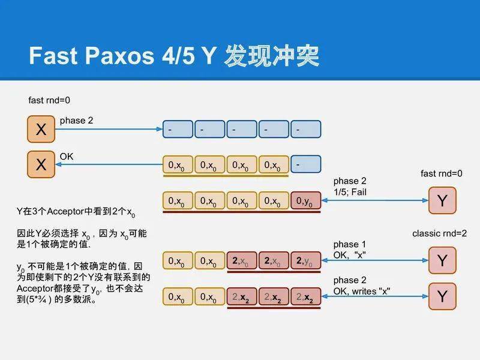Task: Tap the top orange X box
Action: point(41,130)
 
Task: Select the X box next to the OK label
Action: point(41,164)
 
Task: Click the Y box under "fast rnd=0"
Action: point(442,200)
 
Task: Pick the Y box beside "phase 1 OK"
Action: point(442,260)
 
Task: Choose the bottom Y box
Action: point(442,296)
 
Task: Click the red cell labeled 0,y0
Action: point(305,201)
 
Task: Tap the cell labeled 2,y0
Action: point(305,260)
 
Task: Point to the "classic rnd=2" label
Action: point(439,233)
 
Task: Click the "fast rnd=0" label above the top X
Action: point(53,101)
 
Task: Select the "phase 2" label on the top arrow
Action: point(76,121)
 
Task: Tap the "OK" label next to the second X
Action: point(67,156)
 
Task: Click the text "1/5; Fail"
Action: point(350,192)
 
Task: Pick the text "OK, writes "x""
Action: point(362,291)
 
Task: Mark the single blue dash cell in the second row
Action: point(305,164)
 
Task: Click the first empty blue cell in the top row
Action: point(178,129)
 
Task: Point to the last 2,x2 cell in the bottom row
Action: point(305,296)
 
